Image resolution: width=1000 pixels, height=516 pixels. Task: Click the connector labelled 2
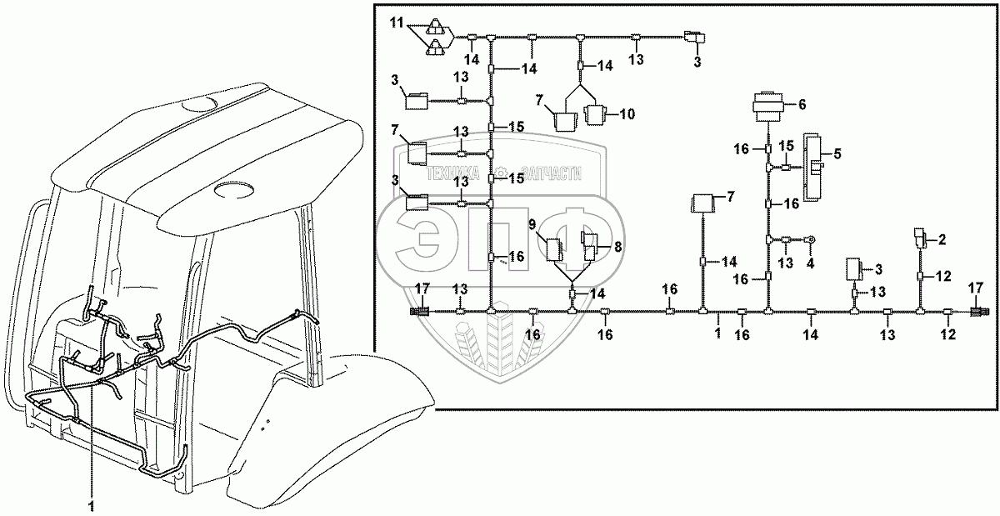coord(920,238)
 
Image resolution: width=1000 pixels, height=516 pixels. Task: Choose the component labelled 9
coord(555,248)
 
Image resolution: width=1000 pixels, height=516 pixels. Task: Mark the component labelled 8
coord(591,248)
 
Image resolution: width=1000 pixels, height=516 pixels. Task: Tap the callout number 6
coord(802,105)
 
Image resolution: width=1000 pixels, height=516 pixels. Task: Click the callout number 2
coord(942,239)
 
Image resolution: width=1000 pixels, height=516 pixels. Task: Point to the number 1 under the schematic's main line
coord(717,332)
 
